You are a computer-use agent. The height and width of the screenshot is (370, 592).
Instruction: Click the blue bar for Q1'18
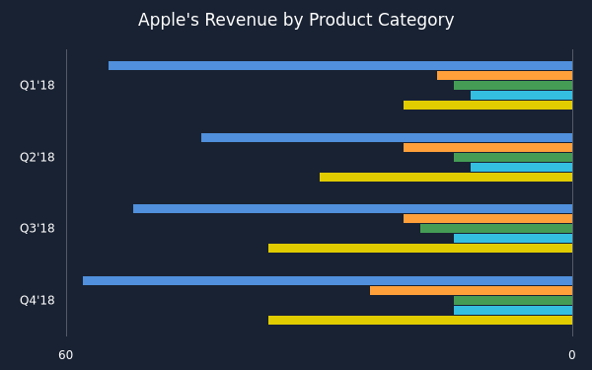point(340,66)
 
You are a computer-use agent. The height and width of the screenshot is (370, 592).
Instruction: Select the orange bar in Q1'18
point(505,76)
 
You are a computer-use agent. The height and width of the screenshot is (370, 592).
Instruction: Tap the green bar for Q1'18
point(513,85)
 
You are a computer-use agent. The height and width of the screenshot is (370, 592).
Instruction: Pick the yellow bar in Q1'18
point(487,105)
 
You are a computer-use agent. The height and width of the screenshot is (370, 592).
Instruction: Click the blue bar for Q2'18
point(387,138)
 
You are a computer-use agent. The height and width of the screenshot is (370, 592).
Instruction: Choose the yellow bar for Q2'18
point(446,177)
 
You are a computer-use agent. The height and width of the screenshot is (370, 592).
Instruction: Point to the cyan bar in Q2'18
point(521,168)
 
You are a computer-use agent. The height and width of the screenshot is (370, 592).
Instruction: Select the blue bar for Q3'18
point(353,209)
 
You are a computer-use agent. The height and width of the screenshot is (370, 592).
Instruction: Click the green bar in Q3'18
point(496,229)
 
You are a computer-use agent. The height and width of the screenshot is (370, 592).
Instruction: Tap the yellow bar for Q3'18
point(420,248)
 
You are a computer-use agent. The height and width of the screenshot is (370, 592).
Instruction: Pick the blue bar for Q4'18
point(328,281)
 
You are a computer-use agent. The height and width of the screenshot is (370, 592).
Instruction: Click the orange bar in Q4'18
point(472,291)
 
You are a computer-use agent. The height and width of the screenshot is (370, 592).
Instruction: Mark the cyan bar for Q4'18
point(513,311)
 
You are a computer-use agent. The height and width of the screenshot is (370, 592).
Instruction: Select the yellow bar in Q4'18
point(420,320)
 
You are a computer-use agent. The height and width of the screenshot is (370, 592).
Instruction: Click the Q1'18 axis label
point(37,85)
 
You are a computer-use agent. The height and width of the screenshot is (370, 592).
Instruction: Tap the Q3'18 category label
point(37,229)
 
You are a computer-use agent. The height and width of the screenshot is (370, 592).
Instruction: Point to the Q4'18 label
point(37,301)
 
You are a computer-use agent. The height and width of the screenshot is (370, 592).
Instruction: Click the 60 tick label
point(66,355)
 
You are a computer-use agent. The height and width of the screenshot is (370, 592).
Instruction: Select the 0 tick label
point(572,355)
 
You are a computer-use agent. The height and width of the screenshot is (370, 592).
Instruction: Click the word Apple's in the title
point(169,21)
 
